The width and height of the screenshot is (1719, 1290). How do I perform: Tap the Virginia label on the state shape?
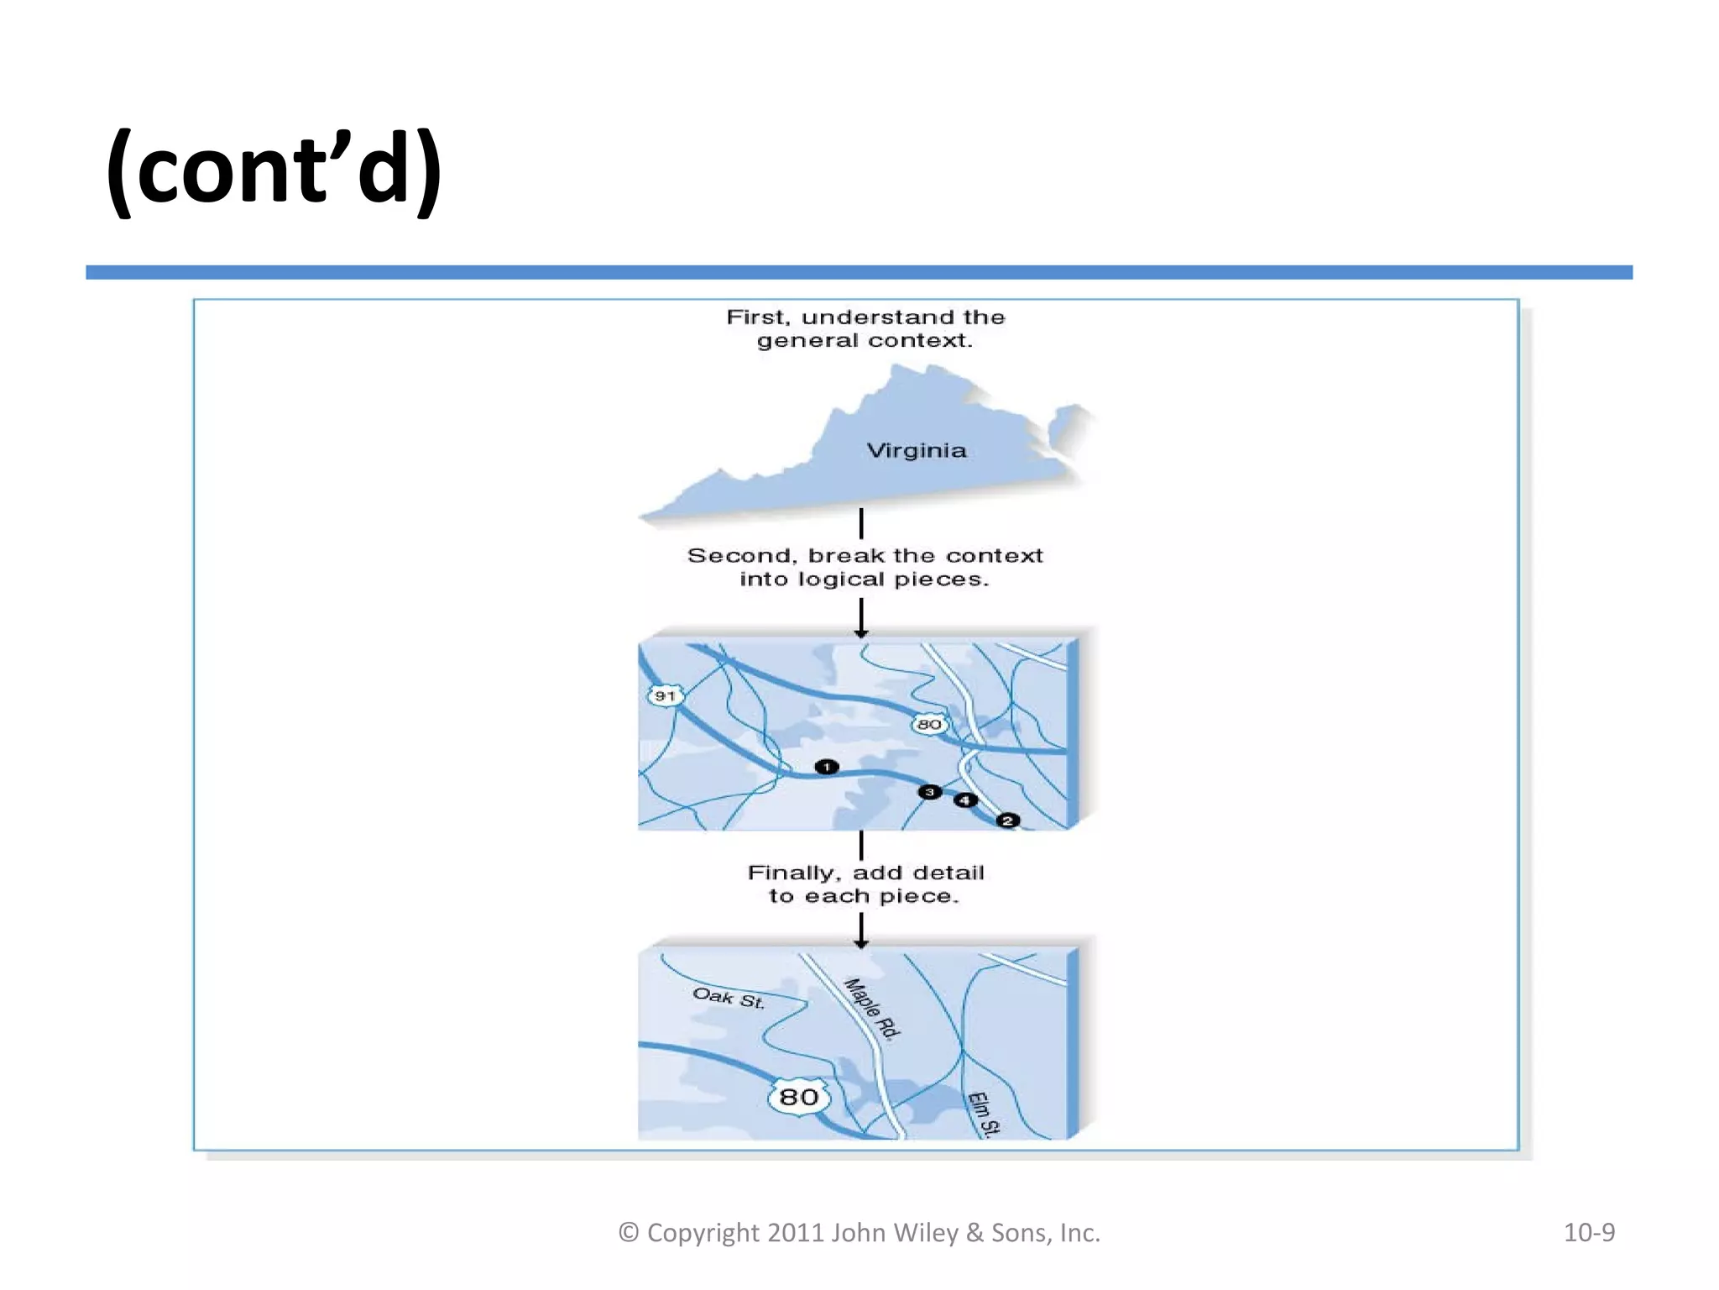(x=916, y=451)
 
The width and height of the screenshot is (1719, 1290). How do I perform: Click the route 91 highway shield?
(x=666, y=696)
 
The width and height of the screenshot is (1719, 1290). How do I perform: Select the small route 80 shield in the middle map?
(x=928, y=724)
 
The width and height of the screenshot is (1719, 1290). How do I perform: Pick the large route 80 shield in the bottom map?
(x=798, y=1097)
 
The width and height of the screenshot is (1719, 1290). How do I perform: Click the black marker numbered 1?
(x=827, y=767)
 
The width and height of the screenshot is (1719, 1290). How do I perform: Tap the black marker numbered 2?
(x=1008, y=821)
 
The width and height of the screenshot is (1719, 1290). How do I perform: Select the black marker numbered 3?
(x=929, y=792)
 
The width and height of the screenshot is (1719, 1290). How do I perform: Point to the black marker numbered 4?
(x=965, y=800)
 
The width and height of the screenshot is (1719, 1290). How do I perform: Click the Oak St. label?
(x=729, y=999)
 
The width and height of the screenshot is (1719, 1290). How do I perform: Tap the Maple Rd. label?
(x=872, y=1009)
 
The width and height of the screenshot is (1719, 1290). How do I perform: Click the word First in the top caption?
(x=758, y=317)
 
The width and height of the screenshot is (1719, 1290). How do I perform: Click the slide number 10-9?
(x=1589, y=1232)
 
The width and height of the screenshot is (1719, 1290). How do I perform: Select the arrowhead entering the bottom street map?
(x=861, y=943)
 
